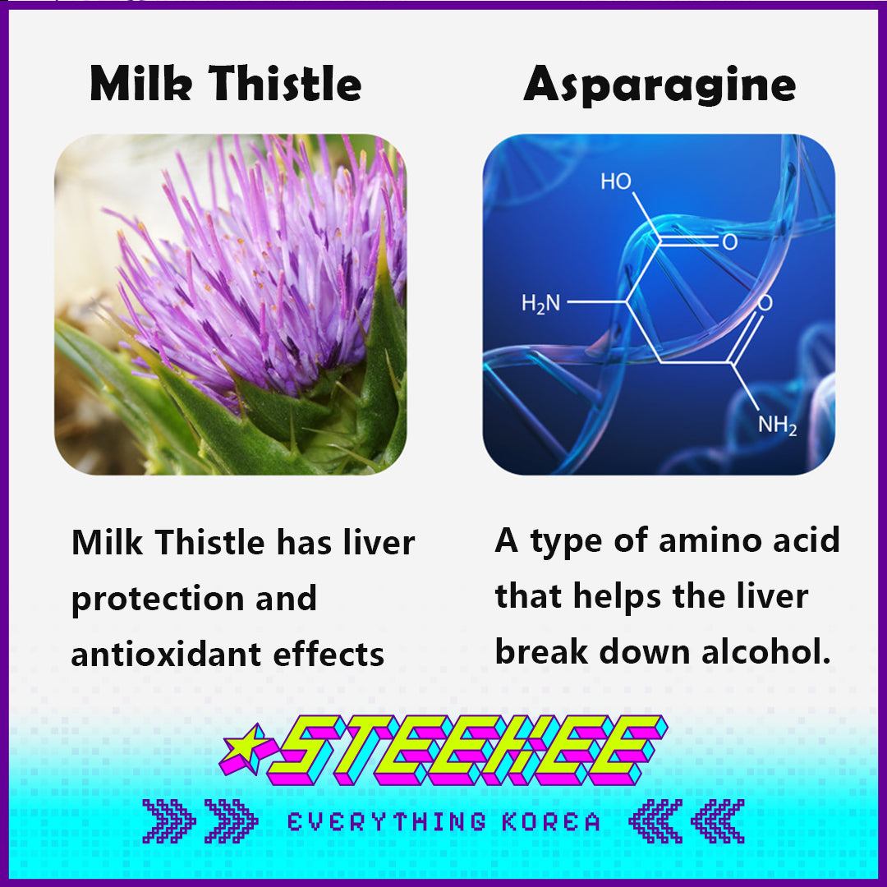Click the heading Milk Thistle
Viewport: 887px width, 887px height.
225,83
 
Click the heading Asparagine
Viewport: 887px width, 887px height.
660,85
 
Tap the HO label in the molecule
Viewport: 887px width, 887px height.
615,182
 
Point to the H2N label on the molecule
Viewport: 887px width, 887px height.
540,304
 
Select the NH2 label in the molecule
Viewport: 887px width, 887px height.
777,425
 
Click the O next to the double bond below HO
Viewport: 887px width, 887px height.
730,242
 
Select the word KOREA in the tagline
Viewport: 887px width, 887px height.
551,822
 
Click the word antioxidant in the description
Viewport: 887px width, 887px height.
166,655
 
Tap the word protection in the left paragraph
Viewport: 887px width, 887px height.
157,600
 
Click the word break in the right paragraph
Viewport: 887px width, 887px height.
541,651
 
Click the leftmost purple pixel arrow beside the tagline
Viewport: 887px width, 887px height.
168,821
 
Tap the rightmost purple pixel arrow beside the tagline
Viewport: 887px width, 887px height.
718,821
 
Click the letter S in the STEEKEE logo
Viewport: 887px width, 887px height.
305,750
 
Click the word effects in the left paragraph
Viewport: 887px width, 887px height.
329,655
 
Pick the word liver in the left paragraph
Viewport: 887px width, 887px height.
379,543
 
